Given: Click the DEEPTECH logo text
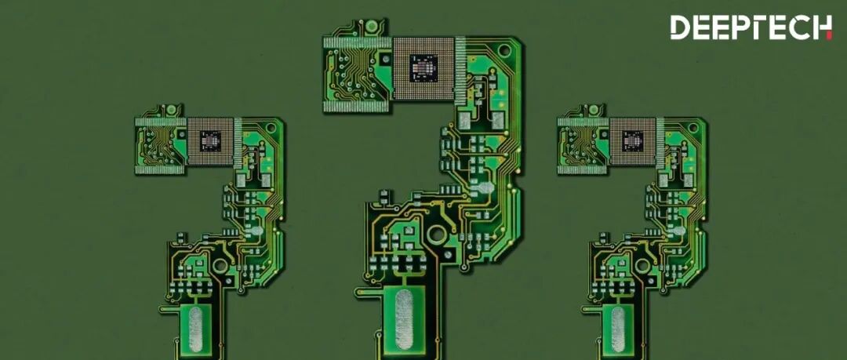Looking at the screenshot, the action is click(751, 27).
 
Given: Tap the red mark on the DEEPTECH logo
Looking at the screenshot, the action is click(829, 35).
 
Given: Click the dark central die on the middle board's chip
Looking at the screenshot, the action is click(423, 68).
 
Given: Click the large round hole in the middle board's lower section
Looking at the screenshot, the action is click(437, 234).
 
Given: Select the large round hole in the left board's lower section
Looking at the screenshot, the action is click(220, 265).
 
